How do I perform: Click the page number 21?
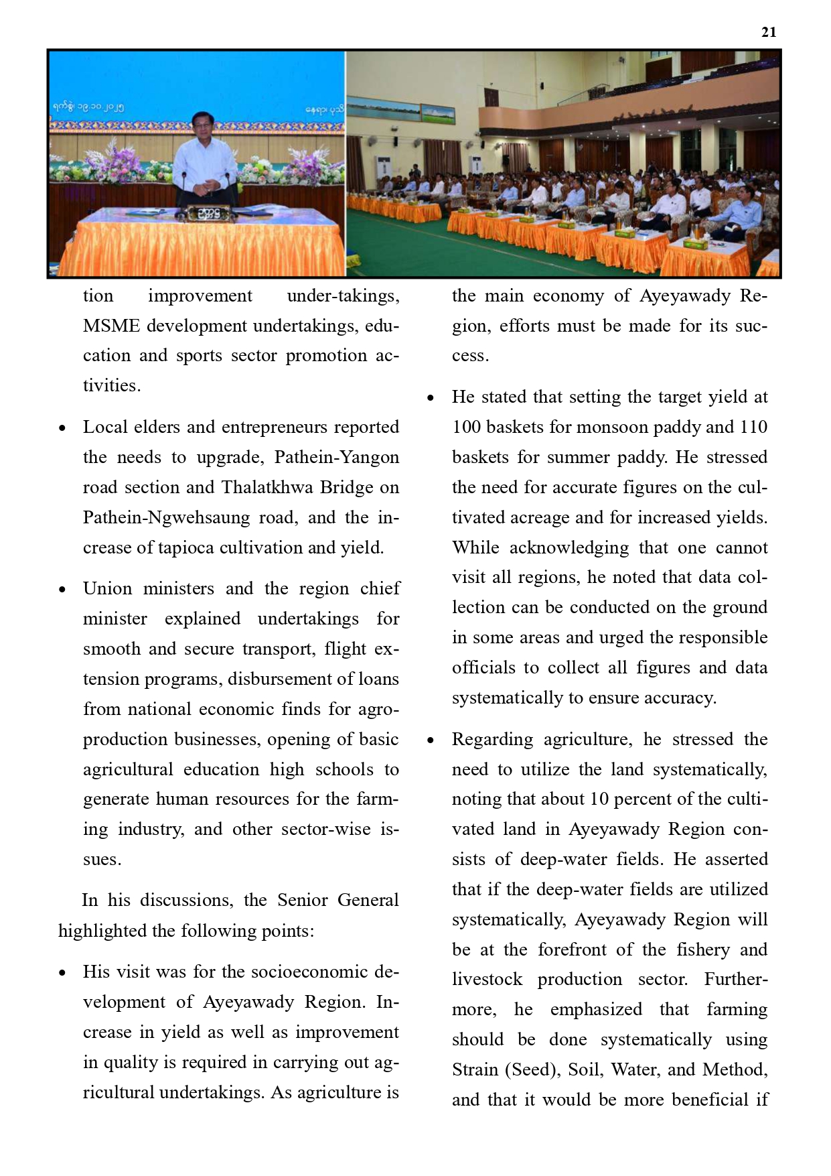[769, 32]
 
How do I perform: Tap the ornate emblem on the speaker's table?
[204, 214]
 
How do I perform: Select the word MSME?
[111, 326]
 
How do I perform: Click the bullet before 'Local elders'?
[63, 428]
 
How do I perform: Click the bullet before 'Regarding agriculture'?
[431, 740]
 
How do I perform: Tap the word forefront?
[573, 950]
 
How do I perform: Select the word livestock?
[487, 979]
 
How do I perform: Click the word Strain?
[475, 1069]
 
